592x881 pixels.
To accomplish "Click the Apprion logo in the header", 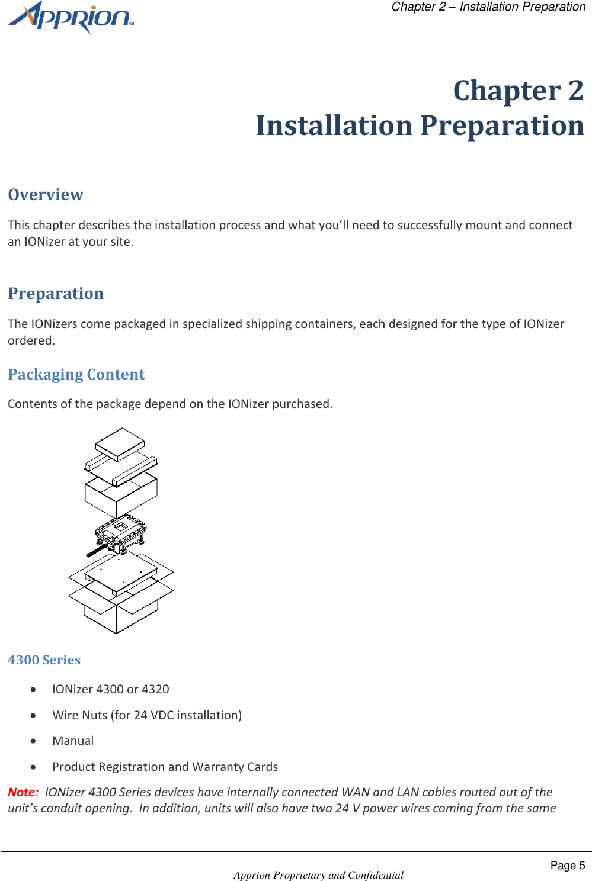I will click(x=70, y=17).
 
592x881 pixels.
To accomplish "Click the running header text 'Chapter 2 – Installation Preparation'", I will click(x=488, y=7).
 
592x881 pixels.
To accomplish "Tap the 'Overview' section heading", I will click(x=46, y=195).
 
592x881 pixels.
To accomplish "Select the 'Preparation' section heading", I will click(x=56, y=294).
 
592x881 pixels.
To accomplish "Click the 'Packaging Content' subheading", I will click(x=76, y=375).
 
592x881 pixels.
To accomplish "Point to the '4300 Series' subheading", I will click(x=44, y=660).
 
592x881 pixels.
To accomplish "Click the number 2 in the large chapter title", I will click(x=575, y=91).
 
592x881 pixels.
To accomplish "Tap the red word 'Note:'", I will click(x=23, y=792).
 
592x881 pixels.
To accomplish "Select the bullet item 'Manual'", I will click(x=73, y=741).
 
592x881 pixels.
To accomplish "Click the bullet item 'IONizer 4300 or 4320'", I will click(x=110, y=689).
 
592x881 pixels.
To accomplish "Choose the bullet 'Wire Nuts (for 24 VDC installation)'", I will click(x=147, y=715).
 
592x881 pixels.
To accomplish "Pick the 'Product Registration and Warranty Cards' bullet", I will click(x=165, y=767).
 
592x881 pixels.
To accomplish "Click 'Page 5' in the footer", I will click(x=567, y=866).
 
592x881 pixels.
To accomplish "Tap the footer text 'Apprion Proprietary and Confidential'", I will click(x=318, y=875).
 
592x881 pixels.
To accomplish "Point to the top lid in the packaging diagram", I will click(x=120, y=443).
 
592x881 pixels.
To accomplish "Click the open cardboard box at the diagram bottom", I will click(x=121, y=610).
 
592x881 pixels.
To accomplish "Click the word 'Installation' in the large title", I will click(x=334, y=126).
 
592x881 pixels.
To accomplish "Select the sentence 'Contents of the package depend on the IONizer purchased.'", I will click(x=170, y=404).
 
